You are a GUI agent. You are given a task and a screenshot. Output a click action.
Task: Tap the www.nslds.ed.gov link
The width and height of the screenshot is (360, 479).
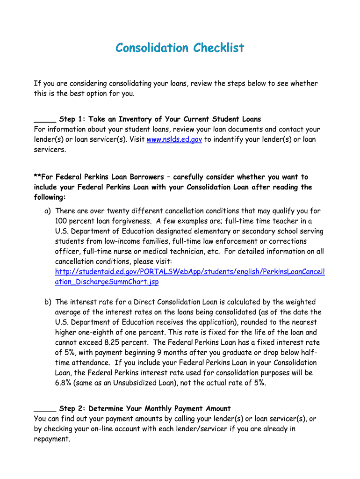tap(174, 139)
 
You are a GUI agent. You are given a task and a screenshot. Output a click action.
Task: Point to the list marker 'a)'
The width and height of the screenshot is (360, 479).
tap(48, 211)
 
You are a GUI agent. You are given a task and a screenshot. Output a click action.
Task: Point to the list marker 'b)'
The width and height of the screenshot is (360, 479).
tap(48, 302)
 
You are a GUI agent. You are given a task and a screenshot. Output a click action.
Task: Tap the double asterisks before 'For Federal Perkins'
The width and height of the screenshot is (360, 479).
tap(37, 177)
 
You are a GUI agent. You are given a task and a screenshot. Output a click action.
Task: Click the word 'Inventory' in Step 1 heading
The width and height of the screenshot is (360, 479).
tap(136, 119)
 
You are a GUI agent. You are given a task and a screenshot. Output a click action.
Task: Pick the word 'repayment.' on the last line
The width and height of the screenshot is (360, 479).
tap(52, 439)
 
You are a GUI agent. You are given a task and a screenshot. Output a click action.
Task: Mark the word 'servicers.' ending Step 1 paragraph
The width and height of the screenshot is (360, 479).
tap(50, 150)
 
